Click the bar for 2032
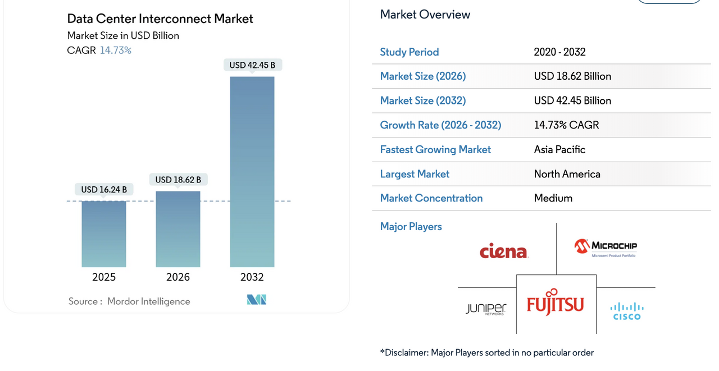tap(252, 171)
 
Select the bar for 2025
tap(104, 233)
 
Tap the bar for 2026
tap(178, 229)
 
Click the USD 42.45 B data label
tap(252, 65)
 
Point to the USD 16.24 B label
tap(104, 190)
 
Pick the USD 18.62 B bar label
tap(178, 180)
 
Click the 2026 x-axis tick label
tap(178, 277)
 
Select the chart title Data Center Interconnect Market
tap(160, 19)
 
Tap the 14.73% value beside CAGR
tap(116, 51)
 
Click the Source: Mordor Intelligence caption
tap(129, 301)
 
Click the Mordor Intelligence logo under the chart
tap(257, 300)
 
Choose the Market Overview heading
tap(425, 15)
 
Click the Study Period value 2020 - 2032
tap(559, 52)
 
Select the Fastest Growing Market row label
tap(435, 150)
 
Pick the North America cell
tap(567, 174)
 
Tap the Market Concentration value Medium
tap(553, 198)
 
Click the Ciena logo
tap(504, 251)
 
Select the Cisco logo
tap(627, 311)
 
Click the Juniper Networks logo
tap(486, 309)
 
